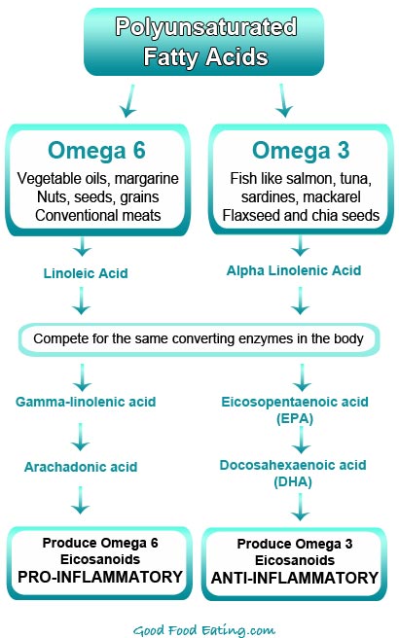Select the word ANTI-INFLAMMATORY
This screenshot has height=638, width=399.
(296, 578)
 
